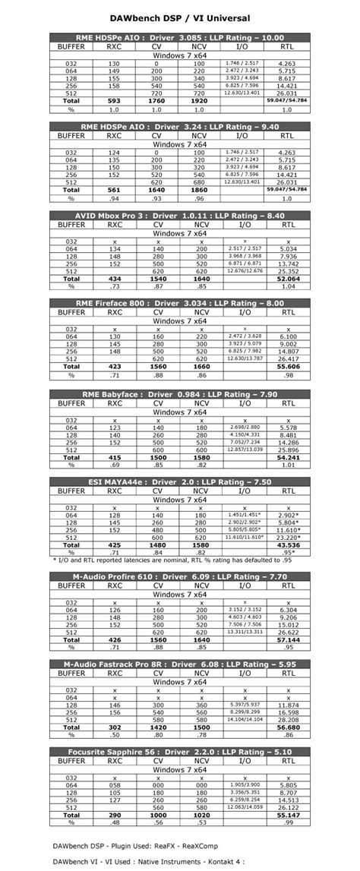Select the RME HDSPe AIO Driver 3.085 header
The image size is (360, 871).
pos(180,36)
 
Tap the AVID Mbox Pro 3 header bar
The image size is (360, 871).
pos(180,215)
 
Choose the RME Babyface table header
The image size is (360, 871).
pos(180,393)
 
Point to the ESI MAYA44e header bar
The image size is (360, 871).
pos(180,481)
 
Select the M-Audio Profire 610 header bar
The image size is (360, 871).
pos(180,576)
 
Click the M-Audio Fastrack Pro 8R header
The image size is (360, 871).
pos(180,664)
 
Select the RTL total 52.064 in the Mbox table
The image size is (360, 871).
pos(288,279)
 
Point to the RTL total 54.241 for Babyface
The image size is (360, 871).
pos(288,456)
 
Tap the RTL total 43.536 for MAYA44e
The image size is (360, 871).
pos(288,545)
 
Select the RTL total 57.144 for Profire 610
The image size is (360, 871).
pos(288,640)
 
